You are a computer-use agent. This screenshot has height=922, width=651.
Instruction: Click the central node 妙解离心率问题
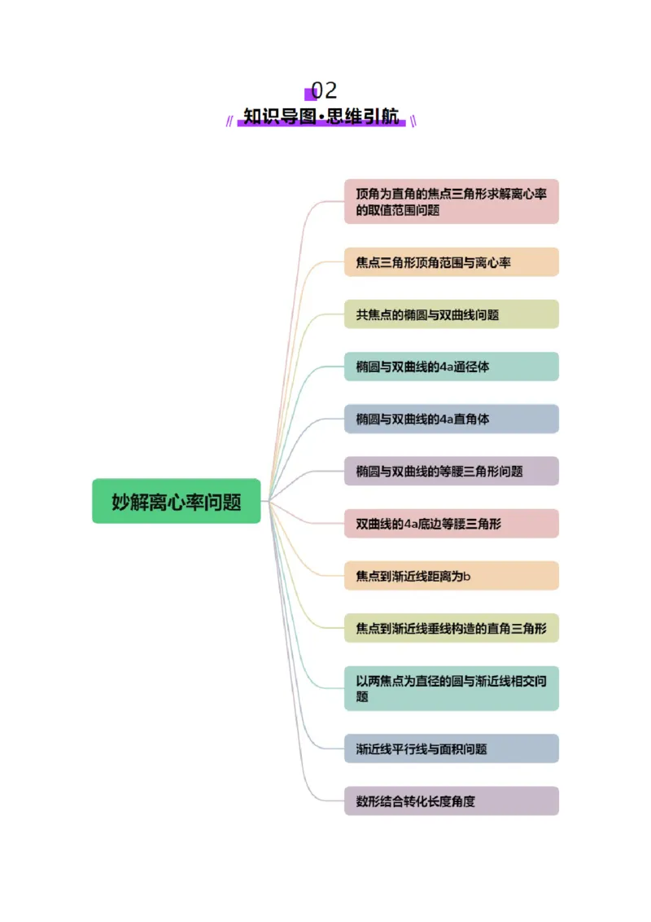pos(176,501)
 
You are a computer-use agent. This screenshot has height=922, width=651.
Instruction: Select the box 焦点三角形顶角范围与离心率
pos(451,262)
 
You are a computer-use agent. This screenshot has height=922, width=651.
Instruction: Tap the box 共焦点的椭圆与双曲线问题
pos(451,314)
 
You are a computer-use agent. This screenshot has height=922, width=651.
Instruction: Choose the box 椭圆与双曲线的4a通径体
pos(451,367)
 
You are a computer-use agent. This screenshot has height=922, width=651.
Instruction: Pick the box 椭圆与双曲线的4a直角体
pos(451,419)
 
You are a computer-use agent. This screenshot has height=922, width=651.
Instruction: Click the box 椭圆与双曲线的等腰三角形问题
pos(451,471)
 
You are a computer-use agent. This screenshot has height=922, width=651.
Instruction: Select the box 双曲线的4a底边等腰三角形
pos(451,524)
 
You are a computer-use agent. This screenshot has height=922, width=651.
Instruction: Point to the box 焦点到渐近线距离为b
pos(451,576)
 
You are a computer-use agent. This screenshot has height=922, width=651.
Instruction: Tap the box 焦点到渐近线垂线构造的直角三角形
pos(451,628)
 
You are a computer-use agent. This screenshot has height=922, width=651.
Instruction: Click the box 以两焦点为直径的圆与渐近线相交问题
pos(451,688)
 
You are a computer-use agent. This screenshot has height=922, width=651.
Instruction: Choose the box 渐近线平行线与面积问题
pos(451,749)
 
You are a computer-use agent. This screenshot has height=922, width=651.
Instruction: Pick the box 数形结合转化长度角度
pos(451,801)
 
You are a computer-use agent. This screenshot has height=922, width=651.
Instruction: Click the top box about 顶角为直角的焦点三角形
pos(451,201)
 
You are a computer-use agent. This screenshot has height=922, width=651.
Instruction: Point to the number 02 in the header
pos(324,90)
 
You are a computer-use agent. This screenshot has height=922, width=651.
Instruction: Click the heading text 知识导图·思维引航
pos(322,116)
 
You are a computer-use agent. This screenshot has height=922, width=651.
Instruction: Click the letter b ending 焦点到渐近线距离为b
pos(467,577)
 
